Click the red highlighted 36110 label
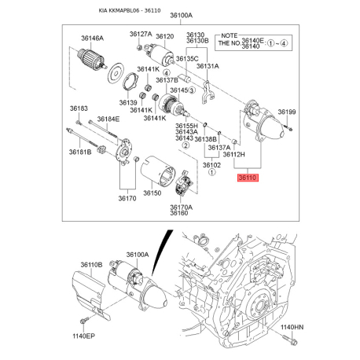(248, 178)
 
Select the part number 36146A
(92, 39)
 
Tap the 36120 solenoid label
(164, 36)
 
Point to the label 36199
(287, 112)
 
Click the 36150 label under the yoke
(152, 193)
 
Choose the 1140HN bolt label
(292, 327)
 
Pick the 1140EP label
(84, 336)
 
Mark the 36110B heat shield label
(91, 265)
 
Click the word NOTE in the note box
(230, 35)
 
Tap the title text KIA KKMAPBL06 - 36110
(130, 10)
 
